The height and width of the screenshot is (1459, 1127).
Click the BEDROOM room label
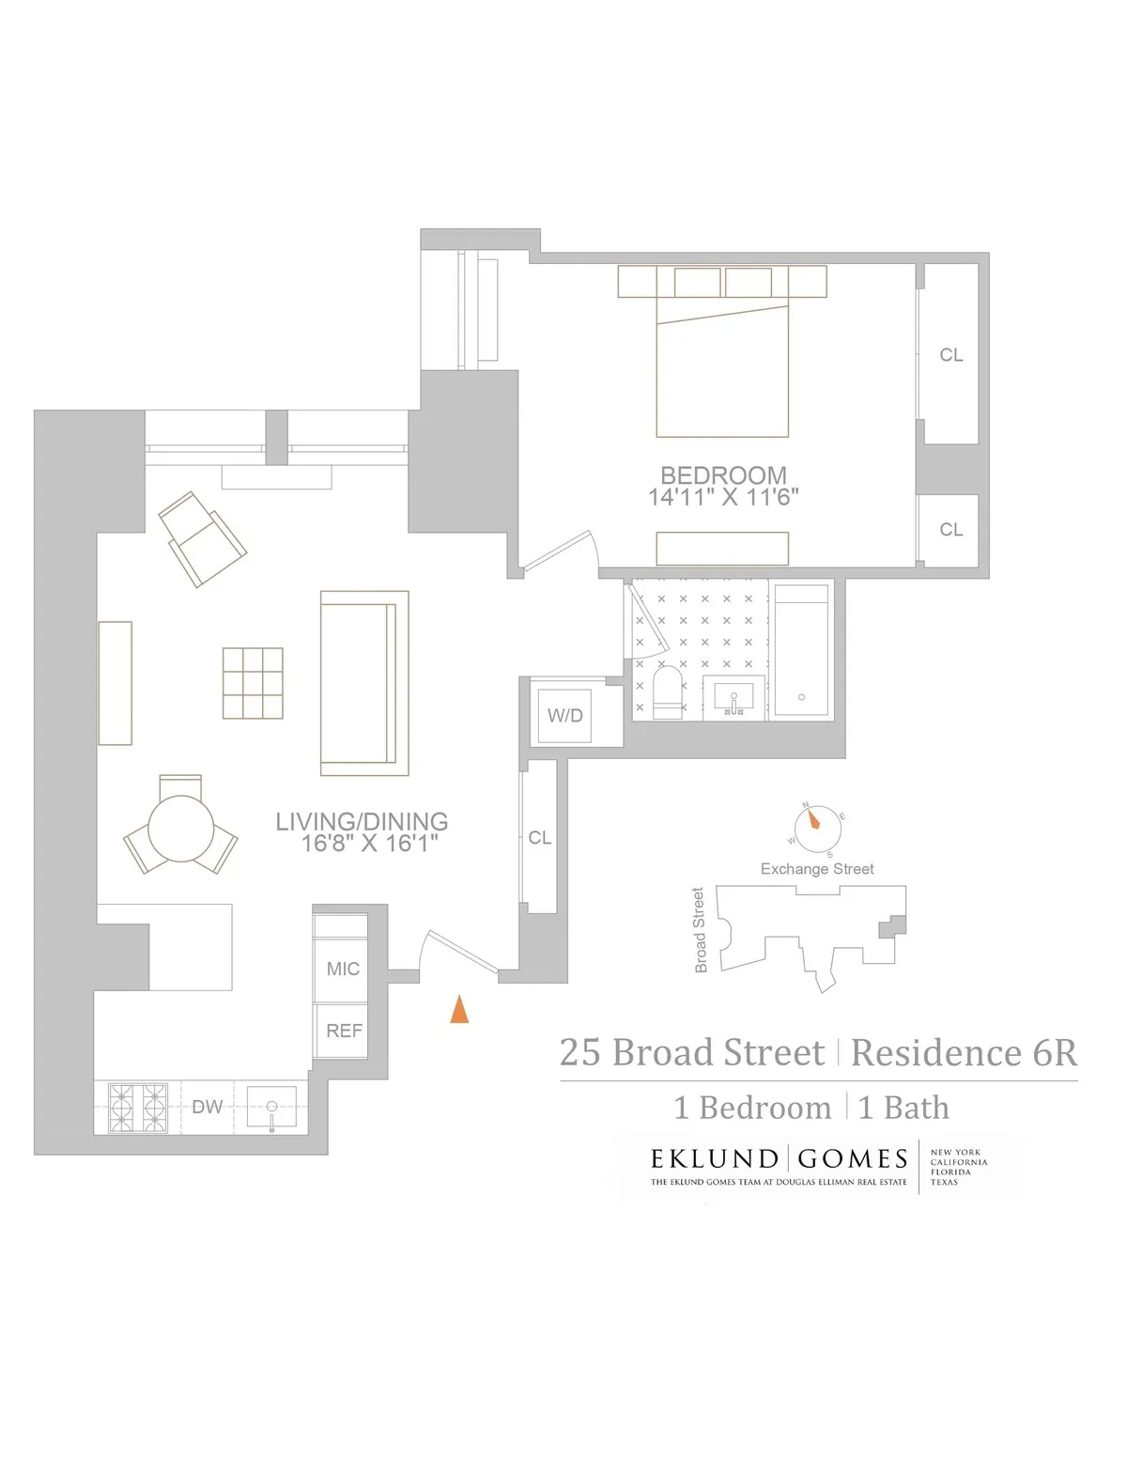coord(722,475)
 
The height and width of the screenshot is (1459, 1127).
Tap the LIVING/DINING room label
coord(362,821)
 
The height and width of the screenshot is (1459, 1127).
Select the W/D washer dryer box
coord(565,716)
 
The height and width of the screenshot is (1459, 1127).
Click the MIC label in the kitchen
coord(343,969)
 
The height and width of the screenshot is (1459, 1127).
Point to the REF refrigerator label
coord(344,1031)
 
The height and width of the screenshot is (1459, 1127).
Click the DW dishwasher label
coord(208,1107)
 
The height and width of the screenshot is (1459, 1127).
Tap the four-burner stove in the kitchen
coord(138,1108)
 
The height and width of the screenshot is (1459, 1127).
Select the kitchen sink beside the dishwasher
coord(271,1107)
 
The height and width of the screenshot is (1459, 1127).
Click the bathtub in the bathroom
coord(801,650)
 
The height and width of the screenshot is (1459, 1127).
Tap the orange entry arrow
coord(459,1009)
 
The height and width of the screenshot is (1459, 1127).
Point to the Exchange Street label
coord(817,869)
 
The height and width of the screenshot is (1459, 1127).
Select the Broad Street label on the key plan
coord(699,930)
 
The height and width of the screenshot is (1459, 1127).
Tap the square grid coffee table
coord(253,683)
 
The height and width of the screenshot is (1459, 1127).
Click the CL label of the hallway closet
coord(540,837)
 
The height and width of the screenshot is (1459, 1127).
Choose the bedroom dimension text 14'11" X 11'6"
coord(722,498)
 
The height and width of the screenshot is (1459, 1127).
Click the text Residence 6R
coord(964,1052)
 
